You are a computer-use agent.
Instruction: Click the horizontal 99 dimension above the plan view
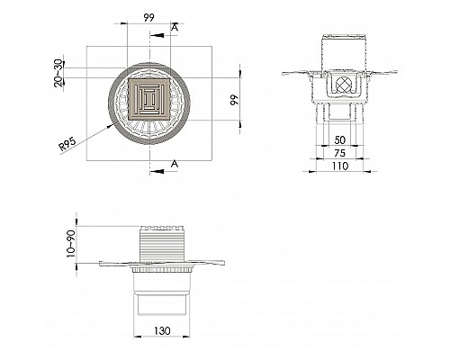point(148,18)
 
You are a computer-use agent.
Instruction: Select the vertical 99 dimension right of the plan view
point(234,100)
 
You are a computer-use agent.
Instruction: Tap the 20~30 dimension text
point(59,73)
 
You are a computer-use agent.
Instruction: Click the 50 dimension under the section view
point(340,139)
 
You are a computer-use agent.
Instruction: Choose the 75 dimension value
point(339,153)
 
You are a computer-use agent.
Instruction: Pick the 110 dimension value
point(340,166)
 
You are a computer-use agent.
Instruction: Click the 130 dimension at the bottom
point(162,330)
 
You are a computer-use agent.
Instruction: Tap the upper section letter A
point(175,27)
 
